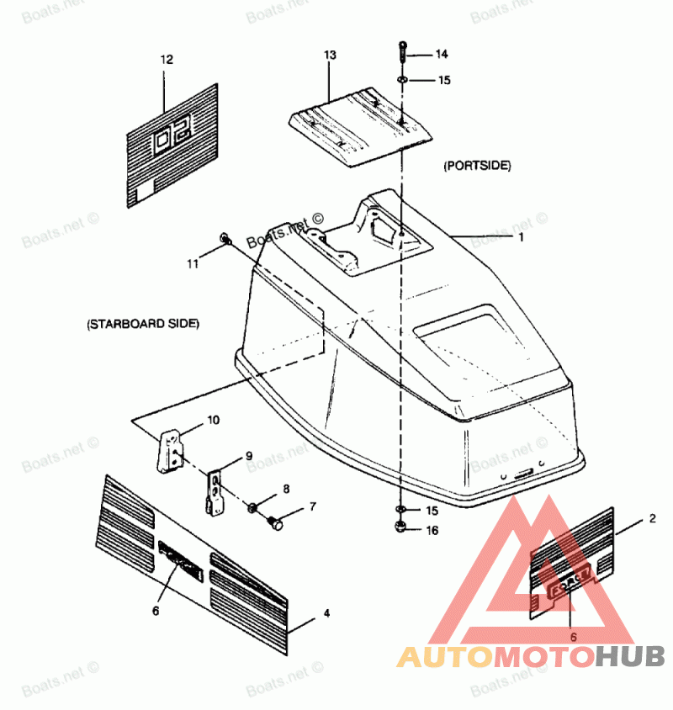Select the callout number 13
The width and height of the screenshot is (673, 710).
pyautogui.click(x=330, y=55)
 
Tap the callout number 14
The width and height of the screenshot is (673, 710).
pyautogui.click(x=442, y=55)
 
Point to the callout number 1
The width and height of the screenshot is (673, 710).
pyautogui.click(x=521, y=237)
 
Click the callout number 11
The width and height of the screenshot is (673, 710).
pyautogui.click(x=193, y=263)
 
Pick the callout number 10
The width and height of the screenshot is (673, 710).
pyautogui.click(x=214, y=419)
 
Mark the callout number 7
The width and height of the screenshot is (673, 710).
pyautogui.click(x=313, y=506)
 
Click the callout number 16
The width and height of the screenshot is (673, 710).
pyautogui.click(x=432, y=531)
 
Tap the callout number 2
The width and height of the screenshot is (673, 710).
pyautogui.click(x=652, y=520)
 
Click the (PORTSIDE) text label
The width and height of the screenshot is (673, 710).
pyautogui.click(x=477, y=167)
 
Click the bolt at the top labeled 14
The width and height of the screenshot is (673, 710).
pyautogui.click(x=403, y=52)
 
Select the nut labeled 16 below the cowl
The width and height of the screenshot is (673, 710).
pyautogui.click(x=400, y=528)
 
